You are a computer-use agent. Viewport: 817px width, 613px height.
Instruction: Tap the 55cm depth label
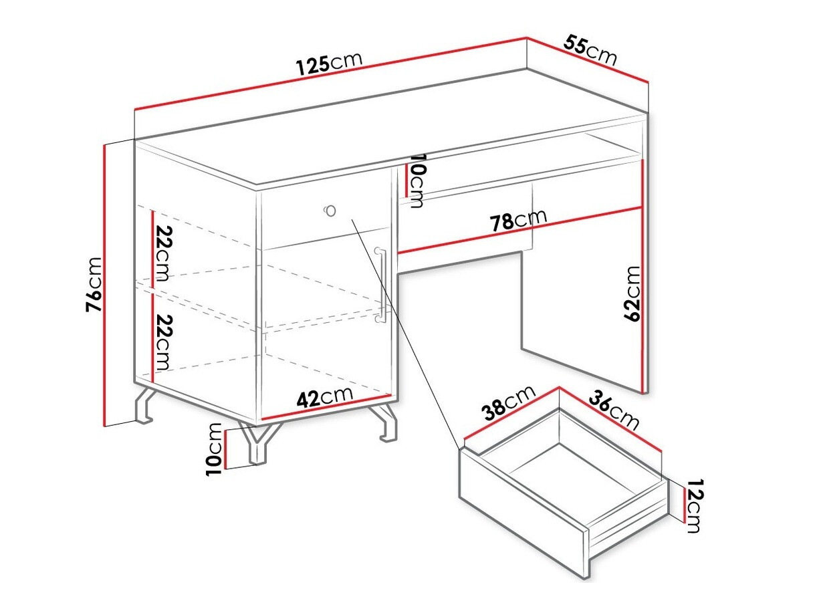[590, 51]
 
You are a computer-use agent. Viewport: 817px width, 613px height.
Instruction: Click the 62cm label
[631, 293]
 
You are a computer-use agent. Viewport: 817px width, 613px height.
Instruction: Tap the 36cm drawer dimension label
[614, 409]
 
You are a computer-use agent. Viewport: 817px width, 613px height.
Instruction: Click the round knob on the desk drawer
[330, 211]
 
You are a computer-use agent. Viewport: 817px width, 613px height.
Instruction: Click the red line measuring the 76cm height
[106, 284]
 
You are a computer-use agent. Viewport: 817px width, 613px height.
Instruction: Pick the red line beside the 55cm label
[588, 60]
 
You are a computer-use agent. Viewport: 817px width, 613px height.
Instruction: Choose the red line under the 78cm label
[521, 230]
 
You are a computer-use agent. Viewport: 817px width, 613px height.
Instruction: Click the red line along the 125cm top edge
[331, 73]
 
